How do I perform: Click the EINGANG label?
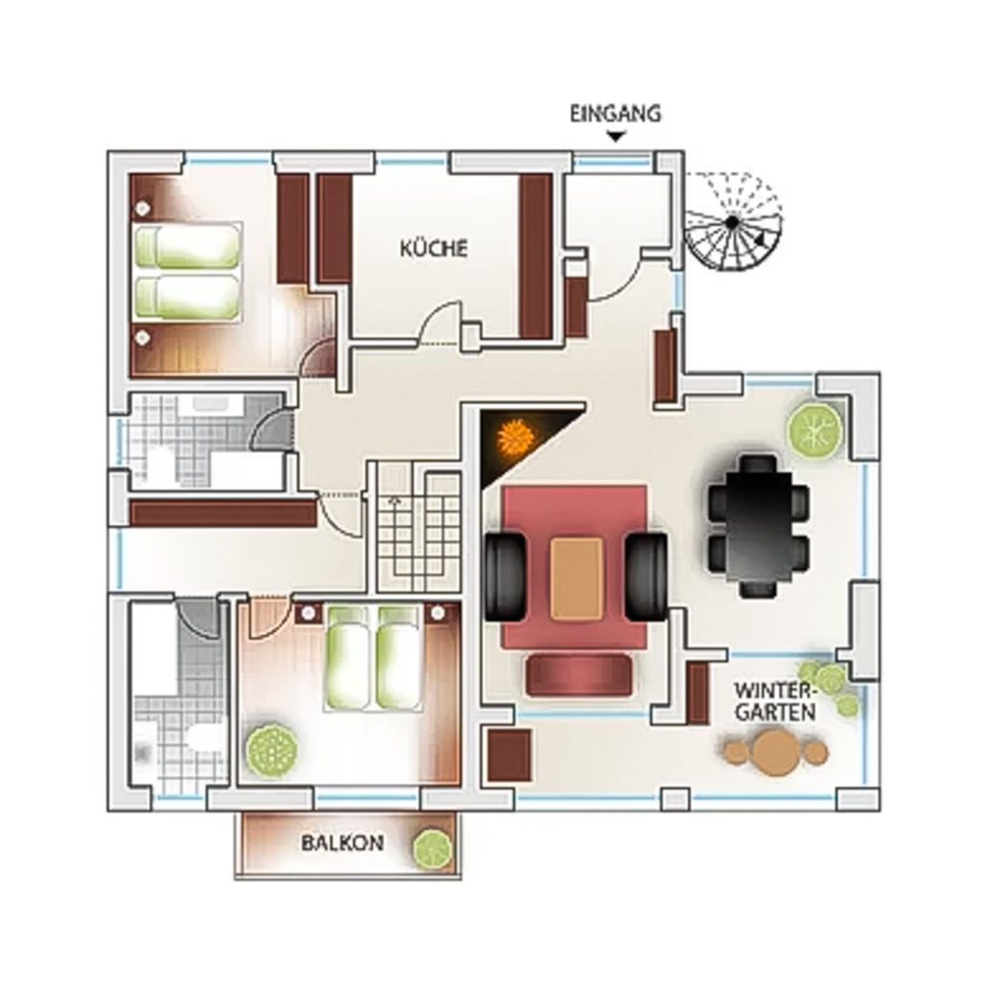[615, 114]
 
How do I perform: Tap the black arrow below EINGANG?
[617, 136]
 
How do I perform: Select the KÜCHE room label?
[434, 247]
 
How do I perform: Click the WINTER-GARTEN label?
[775, 701]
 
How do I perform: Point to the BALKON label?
[342, 843]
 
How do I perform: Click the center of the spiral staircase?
[732, 222]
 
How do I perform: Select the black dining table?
[758, 526]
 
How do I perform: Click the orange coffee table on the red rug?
[577, 578]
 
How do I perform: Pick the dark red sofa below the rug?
[579, 675]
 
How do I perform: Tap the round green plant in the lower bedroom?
[272, 750]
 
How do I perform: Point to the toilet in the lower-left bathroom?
[207, 736]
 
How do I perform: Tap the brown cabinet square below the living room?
[510, 755]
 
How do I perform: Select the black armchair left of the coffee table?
[504, 577]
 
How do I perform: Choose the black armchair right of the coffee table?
[646, 577]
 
